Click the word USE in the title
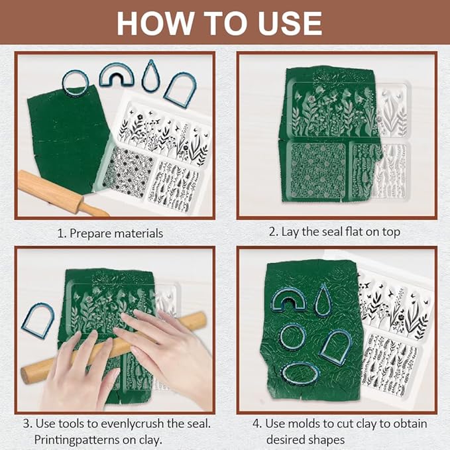[290, 23]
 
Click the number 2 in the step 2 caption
[272, 232]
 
